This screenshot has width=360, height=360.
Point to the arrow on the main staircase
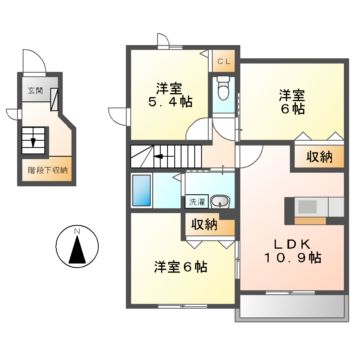coord(162,156)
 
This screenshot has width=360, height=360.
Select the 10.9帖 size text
coord(293,258)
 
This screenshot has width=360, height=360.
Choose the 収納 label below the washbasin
coord(203,224)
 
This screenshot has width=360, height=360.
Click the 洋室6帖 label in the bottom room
coord(181,267)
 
